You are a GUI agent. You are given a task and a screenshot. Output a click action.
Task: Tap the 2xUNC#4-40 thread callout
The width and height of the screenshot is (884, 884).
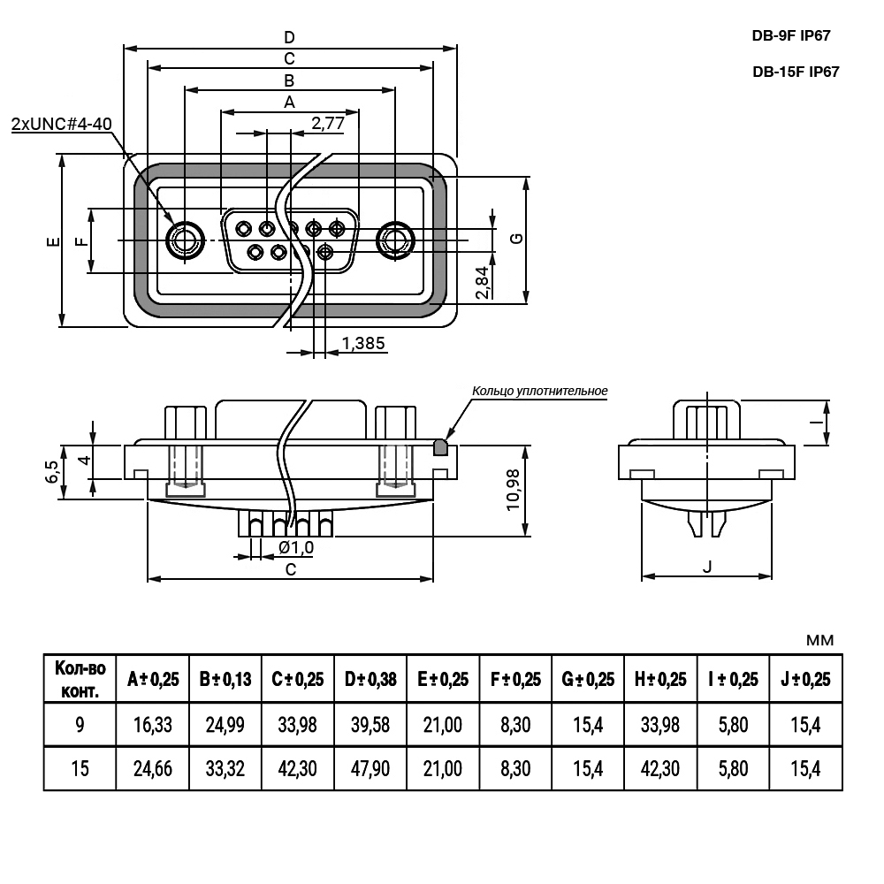pos(61,124)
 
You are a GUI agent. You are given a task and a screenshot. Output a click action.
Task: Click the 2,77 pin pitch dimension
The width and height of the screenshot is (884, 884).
pos(327,123)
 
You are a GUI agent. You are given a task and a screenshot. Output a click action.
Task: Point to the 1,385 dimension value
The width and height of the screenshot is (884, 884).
pos(363,343)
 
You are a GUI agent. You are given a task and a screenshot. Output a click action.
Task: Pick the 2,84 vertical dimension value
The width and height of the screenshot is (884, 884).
pos(481,283)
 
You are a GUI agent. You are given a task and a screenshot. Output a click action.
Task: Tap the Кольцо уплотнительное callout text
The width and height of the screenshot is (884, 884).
pos(540,390)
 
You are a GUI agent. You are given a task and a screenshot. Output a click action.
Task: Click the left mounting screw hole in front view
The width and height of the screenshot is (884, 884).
pos(185,240)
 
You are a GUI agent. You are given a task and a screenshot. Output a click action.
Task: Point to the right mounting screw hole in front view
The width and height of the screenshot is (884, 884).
pos(393,240)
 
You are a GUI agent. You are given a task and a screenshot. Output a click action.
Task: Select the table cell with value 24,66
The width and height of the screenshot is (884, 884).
pos(152,768)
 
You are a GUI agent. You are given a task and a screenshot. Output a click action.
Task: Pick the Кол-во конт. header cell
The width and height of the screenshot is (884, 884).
pos(80,679)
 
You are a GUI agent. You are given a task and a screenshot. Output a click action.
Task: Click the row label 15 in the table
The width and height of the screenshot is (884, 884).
pos(80,768)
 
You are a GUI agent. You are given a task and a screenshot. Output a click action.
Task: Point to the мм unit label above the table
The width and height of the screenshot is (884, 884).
pos(819,640)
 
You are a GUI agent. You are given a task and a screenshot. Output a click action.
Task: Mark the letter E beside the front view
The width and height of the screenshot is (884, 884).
pos(52,240)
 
